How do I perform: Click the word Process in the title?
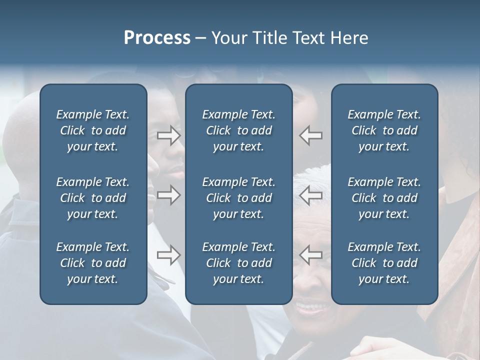pyautogui.click(x=157, y=38)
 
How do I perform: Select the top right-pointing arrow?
pyautogui.click(x=169, y=135)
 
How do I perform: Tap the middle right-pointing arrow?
pyautogui.click(x=169, y=195)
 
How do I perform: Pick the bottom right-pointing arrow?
pyautogui.click(x=169, y=255)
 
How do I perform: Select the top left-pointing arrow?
pyautogui.click(x=310, y=135)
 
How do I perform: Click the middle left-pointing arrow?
pyautogui.click(x=310, y=195)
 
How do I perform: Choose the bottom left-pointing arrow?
pyautogui.click(x=310, y=255)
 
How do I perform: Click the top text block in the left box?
pyautogui.click(x=93, y=130)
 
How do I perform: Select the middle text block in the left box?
pyautogui.click(x=93, y=198)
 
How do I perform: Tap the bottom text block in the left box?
pyautogui.click(x=93, y=263)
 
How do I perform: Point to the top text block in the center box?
pyautogui.click(x=238, y=130)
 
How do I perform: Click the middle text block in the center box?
pyautogui.click(x=238, y=198)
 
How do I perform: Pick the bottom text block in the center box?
pyautogui.click(x=238, y=263)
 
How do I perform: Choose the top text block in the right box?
pyautogui.click(x=384, y=130)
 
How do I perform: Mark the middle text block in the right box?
pyautogui.click(x=384, y=198)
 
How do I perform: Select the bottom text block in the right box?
pyautogui.click(x=384, y=263)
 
